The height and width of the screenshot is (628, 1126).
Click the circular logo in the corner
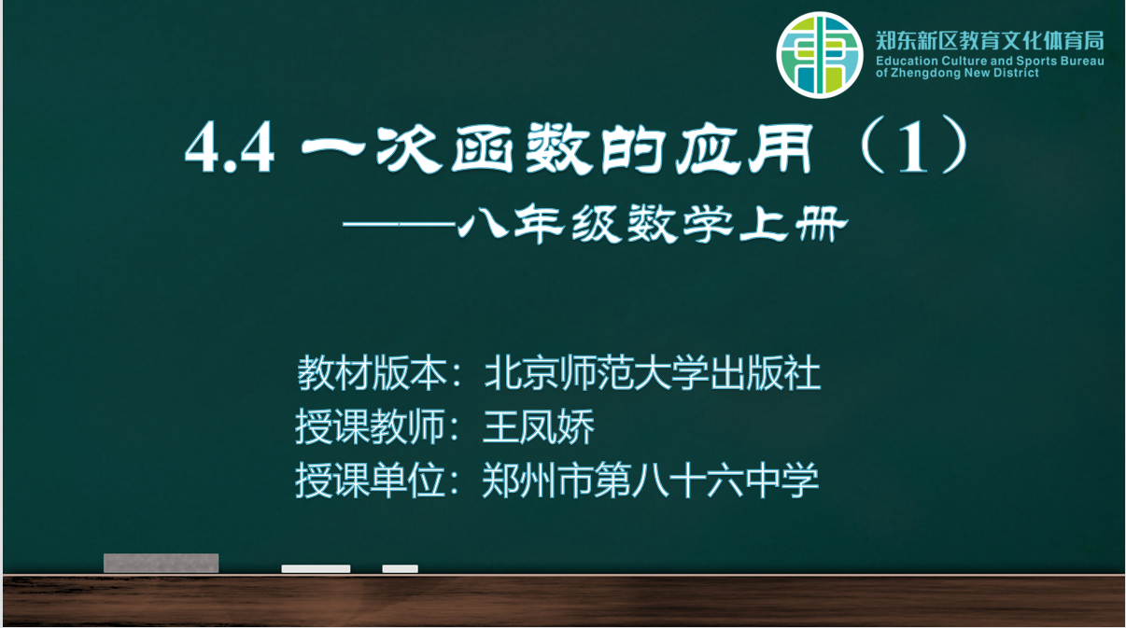820,55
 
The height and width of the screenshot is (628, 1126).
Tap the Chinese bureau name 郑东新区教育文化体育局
990,41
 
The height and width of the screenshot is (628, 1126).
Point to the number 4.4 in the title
230,149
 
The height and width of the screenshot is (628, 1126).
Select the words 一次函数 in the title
445,149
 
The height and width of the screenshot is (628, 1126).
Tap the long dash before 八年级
400,225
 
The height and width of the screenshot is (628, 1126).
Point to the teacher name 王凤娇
539,426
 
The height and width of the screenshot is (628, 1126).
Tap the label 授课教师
370,426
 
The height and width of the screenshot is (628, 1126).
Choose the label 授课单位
370,481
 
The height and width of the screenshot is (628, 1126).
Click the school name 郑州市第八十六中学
651,481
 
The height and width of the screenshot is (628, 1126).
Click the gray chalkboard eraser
161,564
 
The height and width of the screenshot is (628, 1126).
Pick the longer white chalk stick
316,568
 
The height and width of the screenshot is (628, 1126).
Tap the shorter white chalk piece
401,568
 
